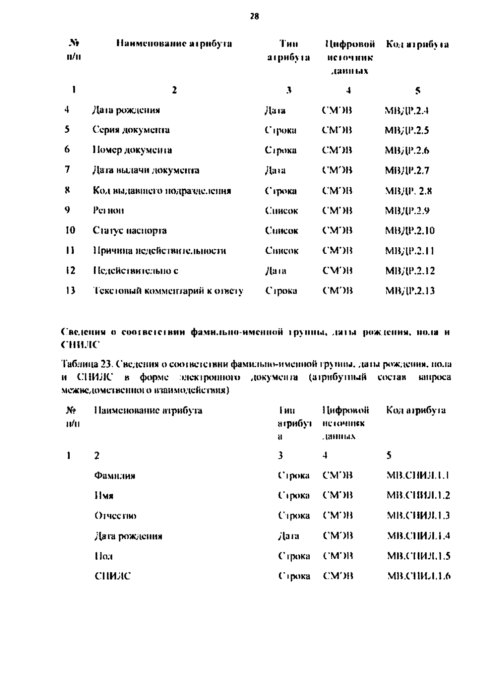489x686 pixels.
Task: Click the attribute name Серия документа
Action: point(131,130)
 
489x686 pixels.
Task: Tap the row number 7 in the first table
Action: point(68,169)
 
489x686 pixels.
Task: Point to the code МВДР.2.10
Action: point(410,231)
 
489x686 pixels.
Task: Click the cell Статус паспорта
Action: point(130,231)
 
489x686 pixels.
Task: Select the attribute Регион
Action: point(108,211)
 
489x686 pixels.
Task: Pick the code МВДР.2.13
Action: point(410,291)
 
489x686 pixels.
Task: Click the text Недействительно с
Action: point(135,271)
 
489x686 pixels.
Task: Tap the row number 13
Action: point(70,290)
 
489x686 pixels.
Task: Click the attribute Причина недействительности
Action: point(159,251)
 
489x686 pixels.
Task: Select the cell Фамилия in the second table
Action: point(115,475)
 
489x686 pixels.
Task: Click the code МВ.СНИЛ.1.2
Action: point(418,496)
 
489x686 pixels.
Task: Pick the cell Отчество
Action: point(115,516)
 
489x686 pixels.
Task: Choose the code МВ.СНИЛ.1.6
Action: point(419,576)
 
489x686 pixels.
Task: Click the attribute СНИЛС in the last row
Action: point(112,576)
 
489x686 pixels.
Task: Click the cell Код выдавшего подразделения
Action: point(162,191)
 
